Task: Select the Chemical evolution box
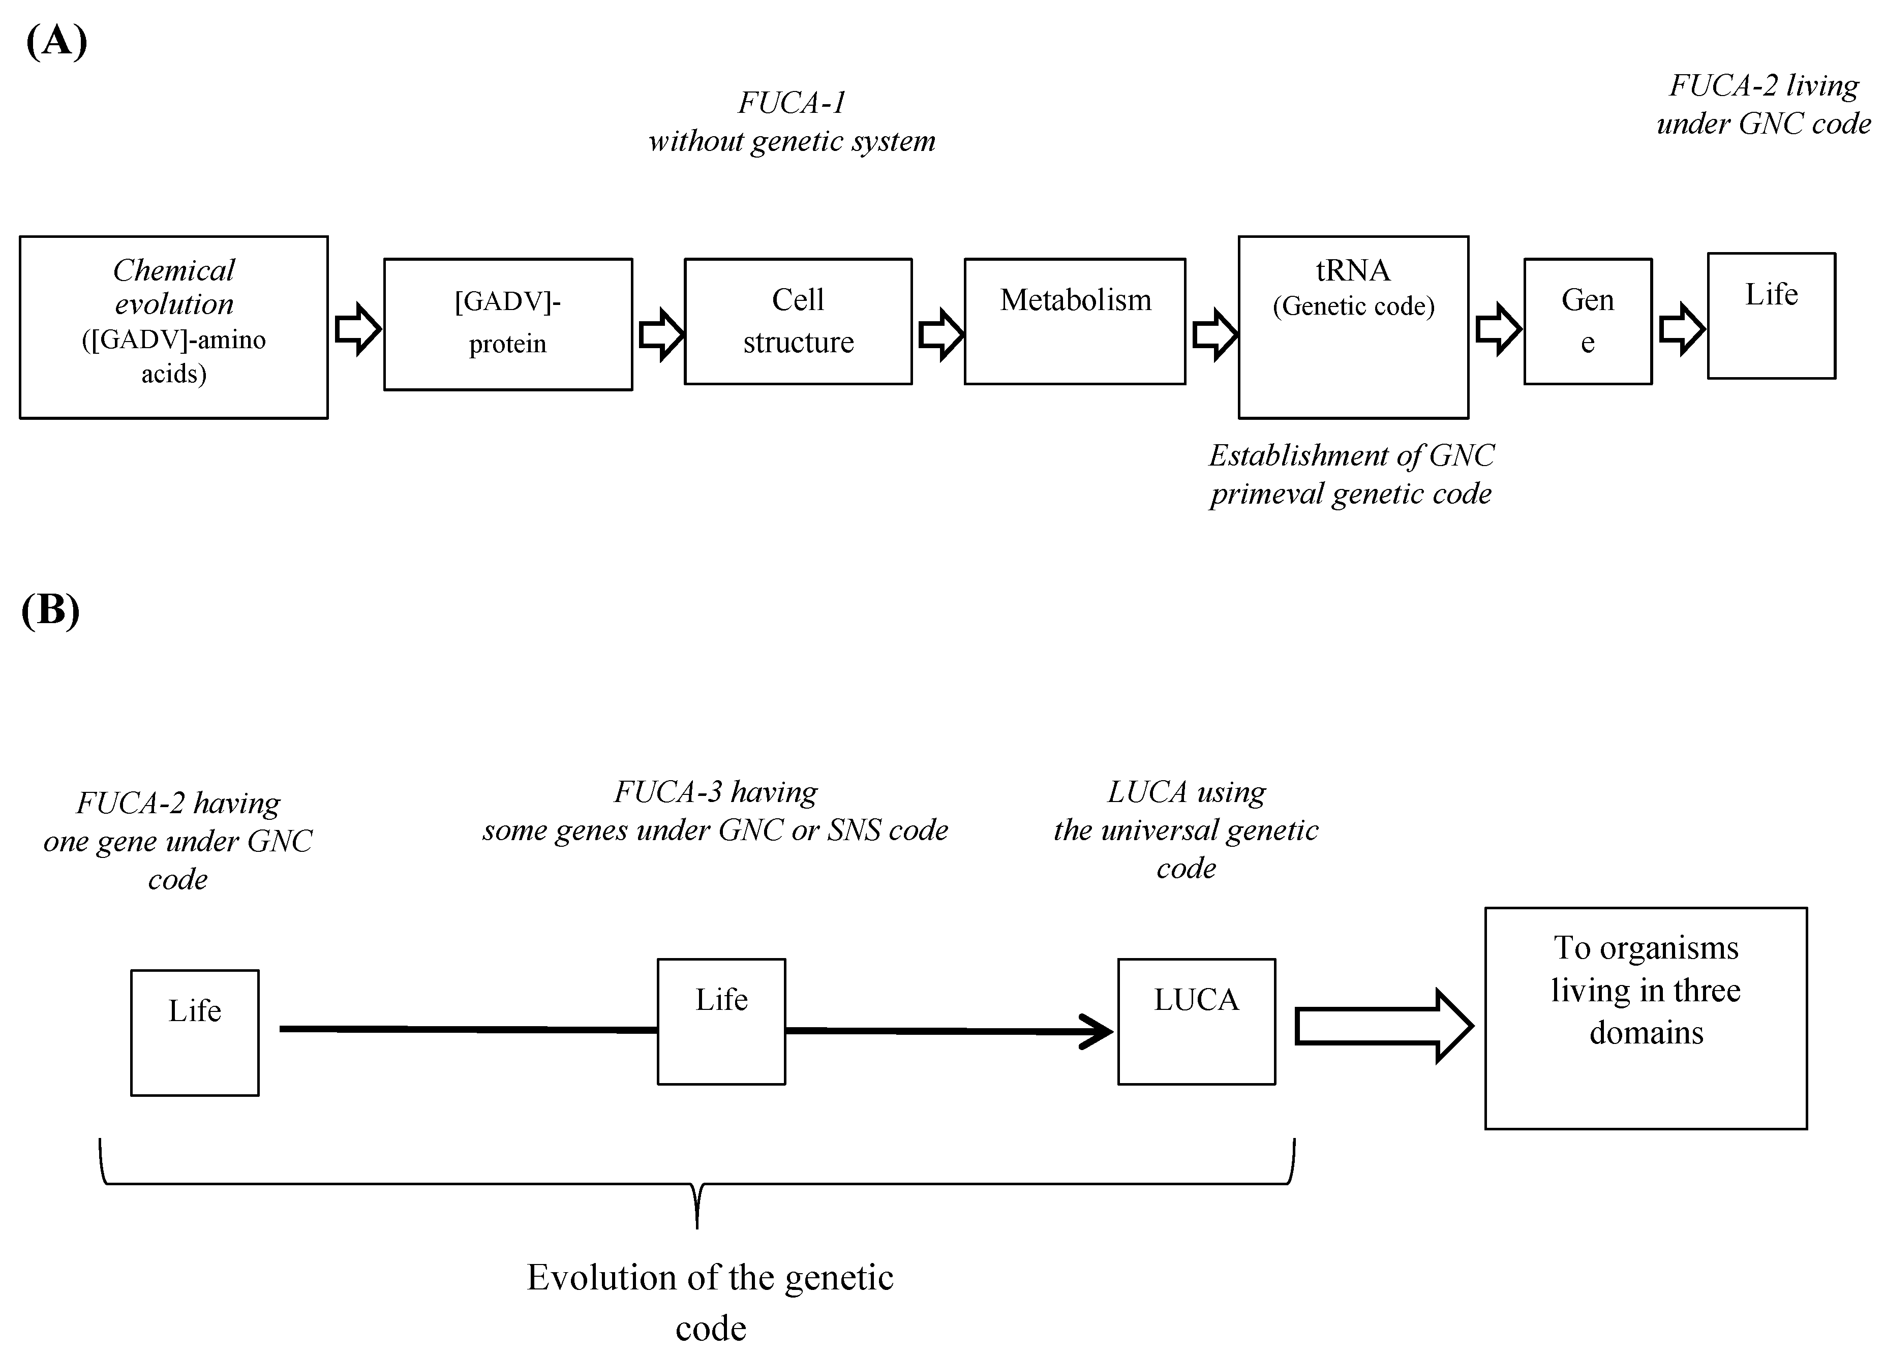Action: point(174,327)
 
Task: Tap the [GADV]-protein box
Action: point(507,324)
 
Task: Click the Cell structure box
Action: point(798,321)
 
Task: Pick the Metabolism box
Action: point(1074,321)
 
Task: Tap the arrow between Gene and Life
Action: point(1681,329)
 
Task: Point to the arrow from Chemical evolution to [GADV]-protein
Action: point(357,329)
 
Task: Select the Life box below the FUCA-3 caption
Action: point(721,1021)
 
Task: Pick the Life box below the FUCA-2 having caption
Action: point(194,1032)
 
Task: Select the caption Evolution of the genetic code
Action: point(710,1301)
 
